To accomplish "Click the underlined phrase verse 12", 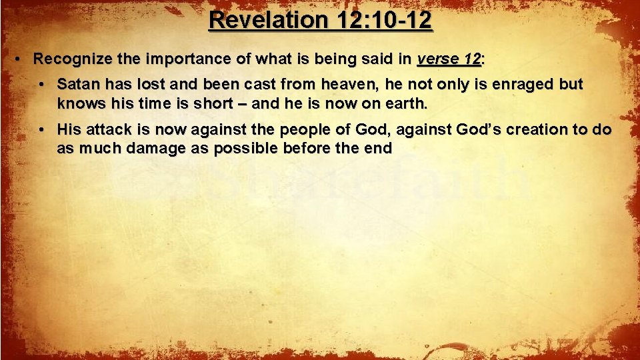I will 449,59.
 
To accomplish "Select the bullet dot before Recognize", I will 21,59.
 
